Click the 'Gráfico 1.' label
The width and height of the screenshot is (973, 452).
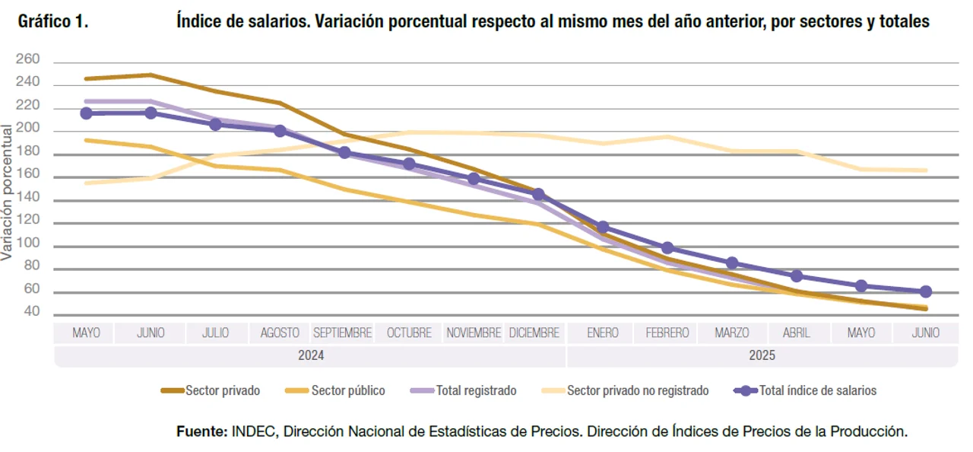tap(53, 22)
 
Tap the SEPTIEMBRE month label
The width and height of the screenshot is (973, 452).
tap(342, 333)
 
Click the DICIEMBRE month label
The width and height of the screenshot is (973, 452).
tap(534, 333)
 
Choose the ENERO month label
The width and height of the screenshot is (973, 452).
tap(603, 333)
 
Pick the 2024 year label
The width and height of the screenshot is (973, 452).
tap(311, 355)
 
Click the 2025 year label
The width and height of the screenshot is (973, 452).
tap(762, 355)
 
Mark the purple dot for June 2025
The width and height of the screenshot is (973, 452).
tap(926, 291)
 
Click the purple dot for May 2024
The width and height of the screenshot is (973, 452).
tap(86, 113)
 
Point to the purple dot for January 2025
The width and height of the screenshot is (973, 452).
tap(603, 227)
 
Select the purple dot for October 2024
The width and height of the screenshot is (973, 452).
tap(409, 164)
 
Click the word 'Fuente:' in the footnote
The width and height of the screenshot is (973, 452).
tap(201, 431)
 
